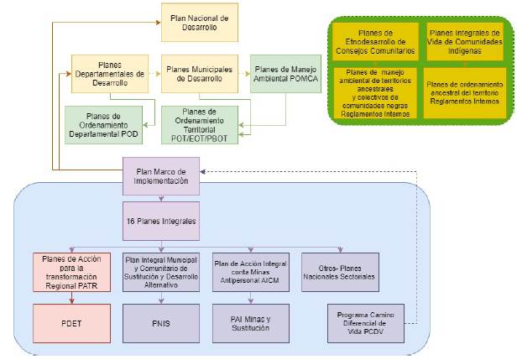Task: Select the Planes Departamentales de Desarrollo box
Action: coord(109,74)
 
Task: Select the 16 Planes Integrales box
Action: coord(161,222)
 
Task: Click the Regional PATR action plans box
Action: coord(70,272)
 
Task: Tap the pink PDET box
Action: coord(70,321)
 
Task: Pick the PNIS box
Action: coord(161,321)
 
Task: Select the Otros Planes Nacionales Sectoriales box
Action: coord(341,272)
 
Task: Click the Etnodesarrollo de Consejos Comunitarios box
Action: coord(375,41)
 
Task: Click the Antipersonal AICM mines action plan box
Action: coord(251,272)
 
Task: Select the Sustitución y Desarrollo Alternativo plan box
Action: coord(161,272)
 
